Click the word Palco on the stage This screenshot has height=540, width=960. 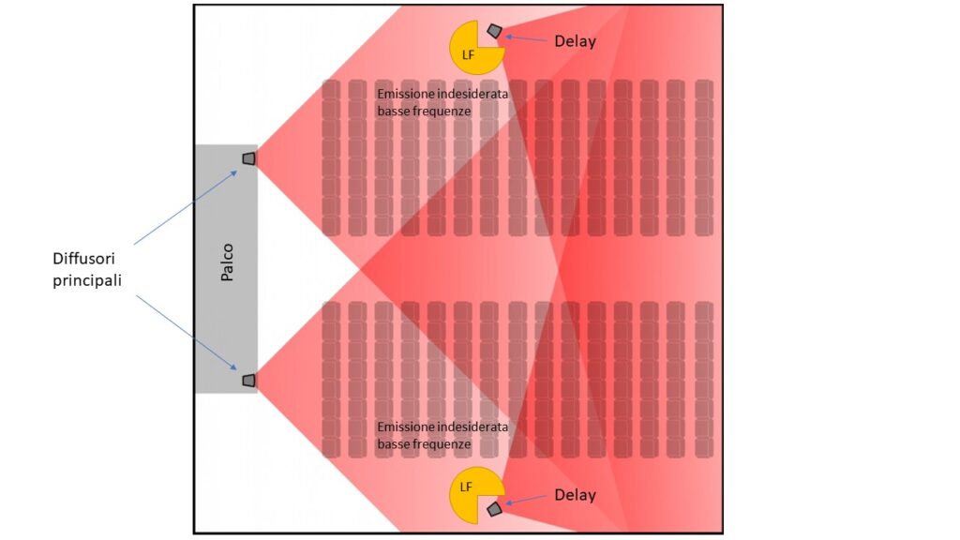point(227,262)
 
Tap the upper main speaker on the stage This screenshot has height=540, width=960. point(248,158)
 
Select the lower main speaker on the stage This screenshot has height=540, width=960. point(248,381)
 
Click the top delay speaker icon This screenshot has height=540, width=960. point(495,30)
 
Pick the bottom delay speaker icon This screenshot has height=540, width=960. point(495,509)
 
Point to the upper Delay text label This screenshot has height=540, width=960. point(575,41)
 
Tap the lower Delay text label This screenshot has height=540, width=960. point(575,495)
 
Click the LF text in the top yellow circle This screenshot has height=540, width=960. point(468,55)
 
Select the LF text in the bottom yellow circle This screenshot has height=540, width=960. point(466,487)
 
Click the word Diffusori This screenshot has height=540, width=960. point(83,258)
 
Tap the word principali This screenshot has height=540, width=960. point(87,280)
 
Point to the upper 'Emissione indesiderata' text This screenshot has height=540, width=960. point(442,95)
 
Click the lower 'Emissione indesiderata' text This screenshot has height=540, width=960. point(442,427)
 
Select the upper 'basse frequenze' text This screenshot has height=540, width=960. point(424,112)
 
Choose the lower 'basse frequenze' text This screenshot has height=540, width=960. point(424,443)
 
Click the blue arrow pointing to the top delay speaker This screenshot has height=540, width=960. point(526,38)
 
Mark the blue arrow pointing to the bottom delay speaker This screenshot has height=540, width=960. point(526,500)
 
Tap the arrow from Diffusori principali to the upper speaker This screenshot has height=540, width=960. point(186,207)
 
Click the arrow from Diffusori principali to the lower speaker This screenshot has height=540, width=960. point(187,333)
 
